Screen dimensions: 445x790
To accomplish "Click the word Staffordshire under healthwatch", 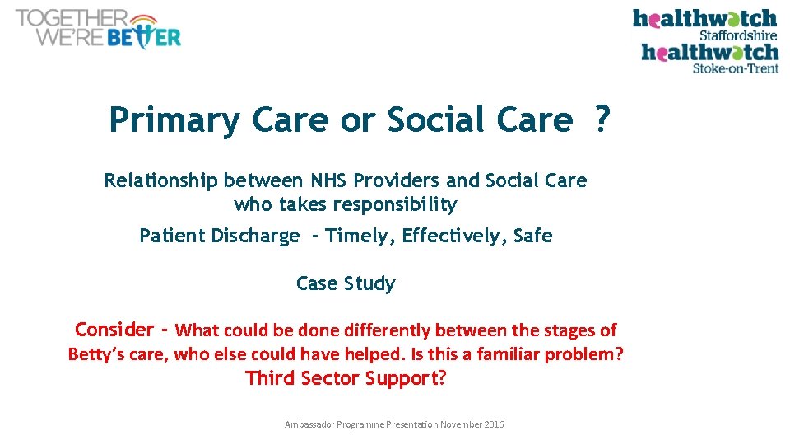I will click(737, 35).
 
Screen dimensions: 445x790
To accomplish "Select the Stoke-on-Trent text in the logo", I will click(735, 68).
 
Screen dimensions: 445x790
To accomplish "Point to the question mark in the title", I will click(602, 120).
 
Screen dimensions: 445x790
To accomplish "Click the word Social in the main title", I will click(436, 120).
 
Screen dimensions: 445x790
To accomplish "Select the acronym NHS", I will click(329, 180).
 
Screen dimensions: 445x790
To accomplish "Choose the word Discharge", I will click(255, 236).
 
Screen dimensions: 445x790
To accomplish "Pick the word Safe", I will click(532, 236).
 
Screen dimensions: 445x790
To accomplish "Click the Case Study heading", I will click(346, 283).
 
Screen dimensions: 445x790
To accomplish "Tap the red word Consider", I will click(114, 330).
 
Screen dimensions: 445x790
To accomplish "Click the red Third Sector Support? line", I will click(345, 378).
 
